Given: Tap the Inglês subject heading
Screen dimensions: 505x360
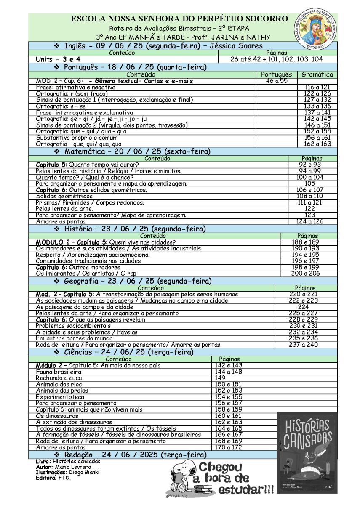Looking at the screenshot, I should [x=158, y=46].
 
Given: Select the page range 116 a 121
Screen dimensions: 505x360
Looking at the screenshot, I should [x=317, y=87].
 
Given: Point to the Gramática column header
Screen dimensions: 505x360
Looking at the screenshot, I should [x=317, y=74].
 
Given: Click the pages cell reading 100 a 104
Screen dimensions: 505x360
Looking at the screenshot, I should [x=309, y=178].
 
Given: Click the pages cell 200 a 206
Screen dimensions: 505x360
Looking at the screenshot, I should [x=306, y=274].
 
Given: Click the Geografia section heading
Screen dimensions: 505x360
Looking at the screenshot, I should [x=136, y=281].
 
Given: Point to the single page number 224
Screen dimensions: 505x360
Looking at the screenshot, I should [x=304, y=307].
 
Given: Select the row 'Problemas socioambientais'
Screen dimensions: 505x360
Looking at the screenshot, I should [x=73, y=326].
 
